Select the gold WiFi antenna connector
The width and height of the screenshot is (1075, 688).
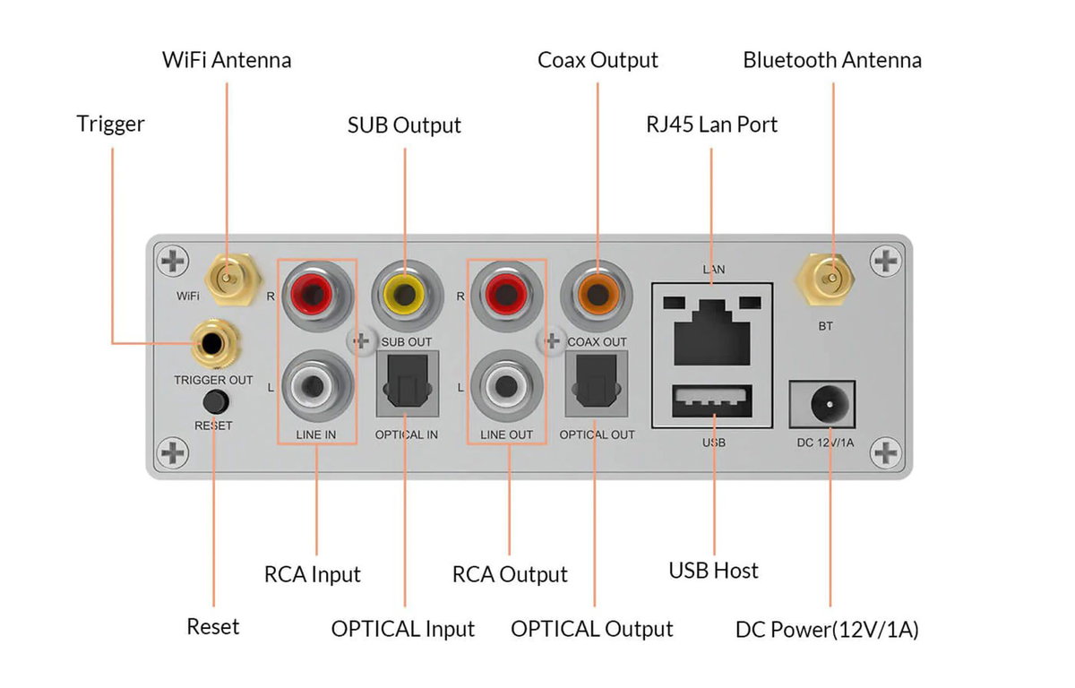point(227,276)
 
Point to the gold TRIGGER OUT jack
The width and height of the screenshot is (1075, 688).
point(213,342)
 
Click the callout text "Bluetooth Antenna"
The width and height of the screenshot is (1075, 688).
point(831,60)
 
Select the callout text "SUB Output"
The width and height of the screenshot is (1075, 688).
point(404,125)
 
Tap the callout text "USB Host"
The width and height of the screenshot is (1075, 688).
point(713,571)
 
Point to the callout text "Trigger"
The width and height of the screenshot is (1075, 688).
point(110,124)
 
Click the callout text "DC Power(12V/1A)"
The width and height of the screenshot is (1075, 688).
point(827,630)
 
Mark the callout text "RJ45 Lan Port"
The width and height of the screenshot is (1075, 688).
point(711,124)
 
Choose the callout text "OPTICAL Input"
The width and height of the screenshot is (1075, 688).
point(402,629)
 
